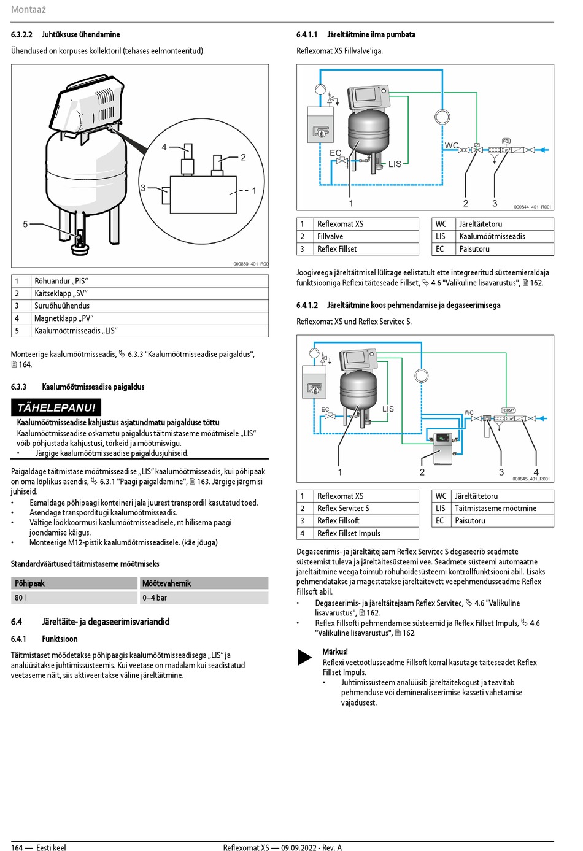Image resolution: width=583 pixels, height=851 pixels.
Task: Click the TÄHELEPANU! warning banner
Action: coord(56,407)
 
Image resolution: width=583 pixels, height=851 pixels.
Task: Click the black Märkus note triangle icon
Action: coord(304,657)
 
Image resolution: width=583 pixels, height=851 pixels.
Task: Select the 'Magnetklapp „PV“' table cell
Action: coord(64,318)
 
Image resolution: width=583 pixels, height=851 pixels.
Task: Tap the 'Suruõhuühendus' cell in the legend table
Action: coord(62,306)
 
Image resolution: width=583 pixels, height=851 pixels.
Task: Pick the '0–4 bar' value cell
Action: coord(155,598)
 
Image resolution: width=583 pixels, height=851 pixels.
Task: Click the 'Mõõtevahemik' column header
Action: coord(167,583)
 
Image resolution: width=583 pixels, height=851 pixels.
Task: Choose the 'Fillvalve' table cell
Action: coord(330,237)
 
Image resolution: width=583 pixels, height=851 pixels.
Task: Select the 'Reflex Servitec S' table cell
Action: coord(343,509)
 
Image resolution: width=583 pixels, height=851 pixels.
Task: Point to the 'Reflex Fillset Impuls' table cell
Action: coord(349,534)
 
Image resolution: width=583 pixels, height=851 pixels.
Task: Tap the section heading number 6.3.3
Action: coord(18,387)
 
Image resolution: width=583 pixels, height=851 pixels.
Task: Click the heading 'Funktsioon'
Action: coord(60,639)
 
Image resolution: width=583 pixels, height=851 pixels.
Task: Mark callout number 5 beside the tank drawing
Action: coord(25,225)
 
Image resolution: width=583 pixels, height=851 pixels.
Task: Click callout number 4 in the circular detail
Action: coord(164,147)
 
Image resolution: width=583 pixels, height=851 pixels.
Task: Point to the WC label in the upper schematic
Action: coord(451,145)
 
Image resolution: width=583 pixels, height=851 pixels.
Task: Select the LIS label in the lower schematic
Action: coord(388,409)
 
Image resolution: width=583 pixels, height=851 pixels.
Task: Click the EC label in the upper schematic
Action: coord(335,153)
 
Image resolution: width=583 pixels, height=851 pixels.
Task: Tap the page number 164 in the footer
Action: coord(17,848)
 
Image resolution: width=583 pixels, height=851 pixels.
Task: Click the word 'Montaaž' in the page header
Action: coord(28,10)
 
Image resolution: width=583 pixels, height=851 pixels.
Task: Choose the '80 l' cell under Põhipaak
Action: coord(20,598)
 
